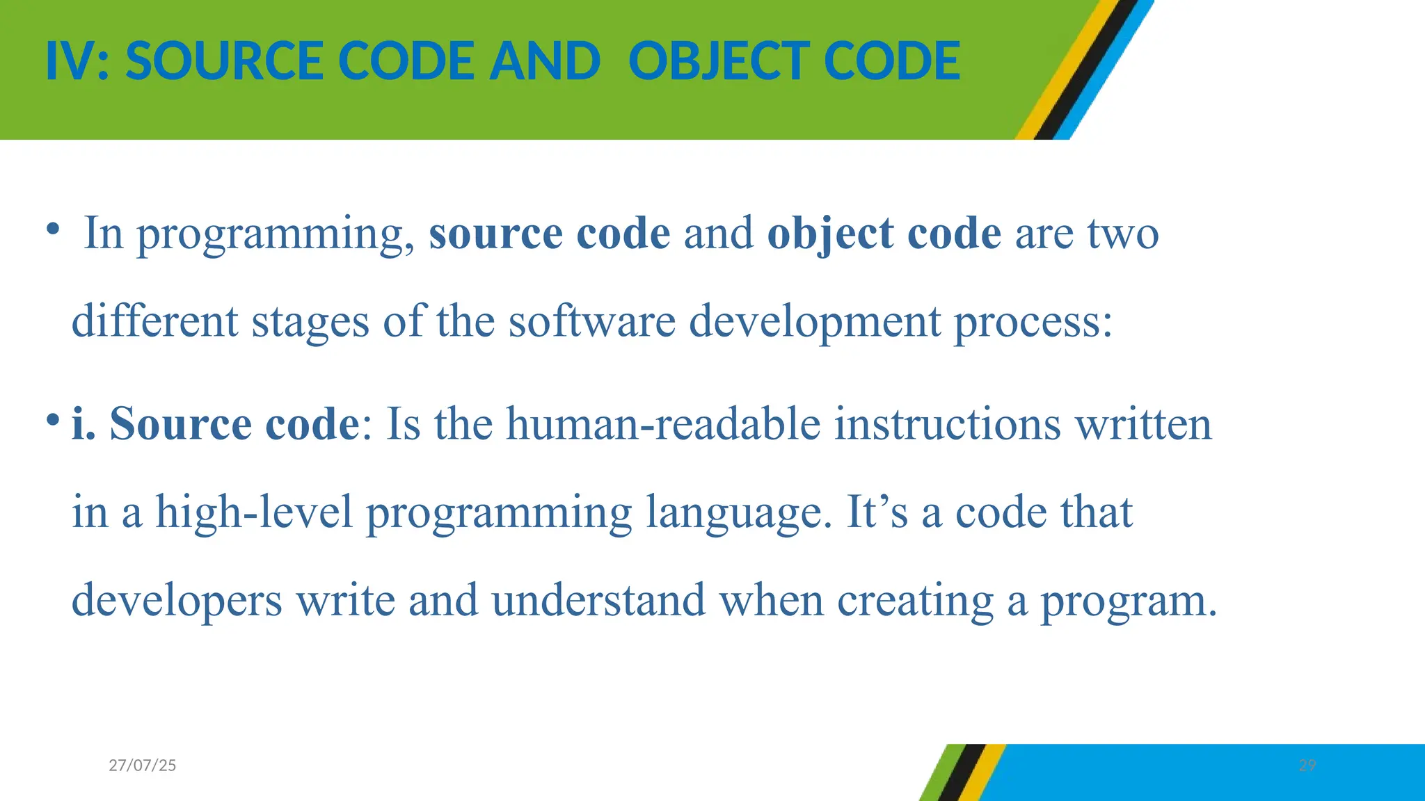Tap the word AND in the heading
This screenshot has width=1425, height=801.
[x=544, y=61]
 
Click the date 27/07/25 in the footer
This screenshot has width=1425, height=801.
[x=143, y=766]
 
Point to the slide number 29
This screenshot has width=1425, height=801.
[x=1307, y=766]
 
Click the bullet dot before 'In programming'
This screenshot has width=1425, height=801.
[x=52, y=229]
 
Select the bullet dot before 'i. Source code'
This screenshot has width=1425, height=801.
[x=52, y=419]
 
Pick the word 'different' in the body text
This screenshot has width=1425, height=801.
[x=155, y=321]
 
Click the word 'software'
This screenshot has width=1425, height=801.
[x=592, y=321]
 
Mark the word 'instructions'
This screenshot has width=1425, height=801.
[x=947, y=423]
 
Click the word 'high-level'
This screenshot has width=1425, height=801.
[x=254, y=513]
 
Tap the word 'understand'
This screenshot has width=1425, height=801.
[x=598, y=600]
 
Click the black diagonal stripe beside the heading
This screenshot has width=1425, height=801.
[x=1086, y=70]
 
